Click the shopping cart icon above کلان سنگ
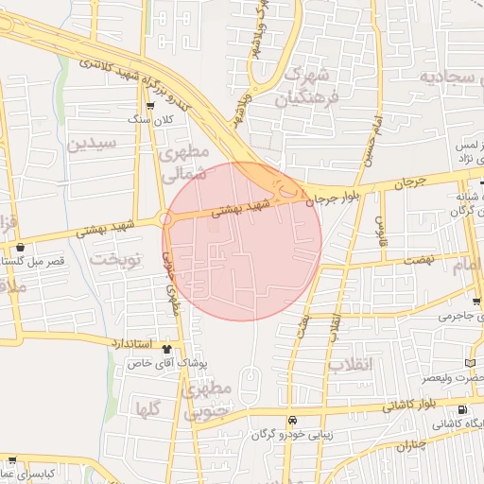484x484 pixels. pos(150,106)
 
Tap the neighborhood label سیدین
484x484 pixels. pos(91,144)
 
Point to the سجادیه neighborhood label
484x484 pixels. pos(449,77)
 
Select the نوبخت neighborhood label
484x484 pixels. pos(114,257)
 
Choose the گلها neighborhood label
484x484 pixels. pos(147,409)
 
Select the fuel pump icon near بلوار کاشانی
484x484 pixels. pos(461,409)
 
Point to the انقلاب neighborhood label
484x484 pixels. pos(352,364)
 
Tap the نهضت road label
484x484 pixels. pos(416,259)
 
